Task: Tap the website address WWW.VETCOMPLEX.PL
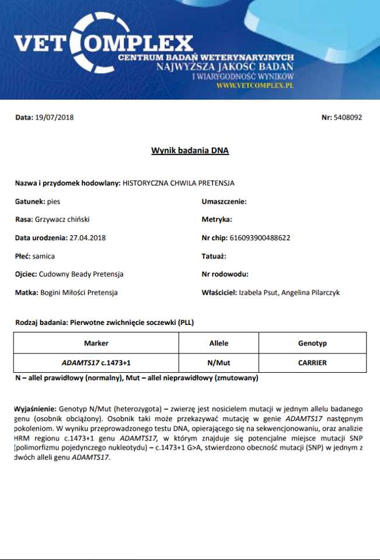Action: click(255, 85)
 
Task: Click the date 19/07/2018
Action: click(54, 117)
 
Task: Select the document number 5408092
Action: click(348, 117)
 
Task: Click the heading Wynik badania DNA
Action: click(190, 150)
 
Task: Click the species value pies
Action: click(53, 201)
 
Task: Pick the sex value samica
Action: click(44, 256)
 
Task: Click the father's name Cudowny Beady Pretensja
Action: click(81, 274)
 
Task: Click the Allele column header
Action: click(219, 343)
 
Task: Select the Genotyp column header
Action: click(312, 343)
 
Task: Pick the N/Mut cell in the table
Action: click(219, 362)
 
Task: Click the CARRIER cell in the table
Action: click(312, 362)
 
